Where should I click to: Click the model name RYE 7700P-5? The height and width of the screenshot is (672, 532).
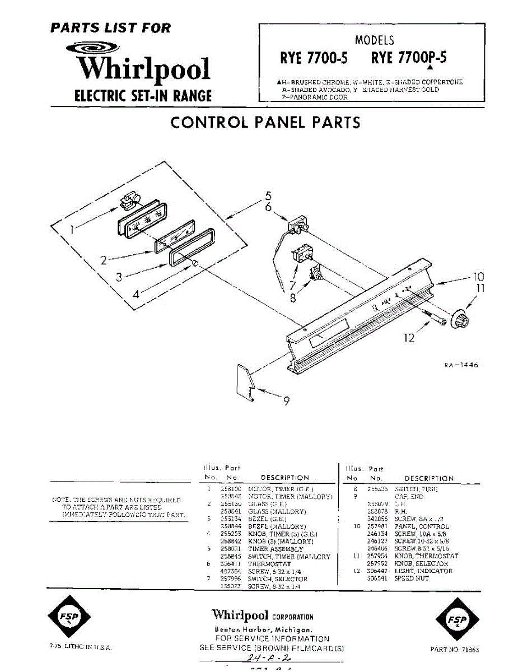click(x=409, y=58)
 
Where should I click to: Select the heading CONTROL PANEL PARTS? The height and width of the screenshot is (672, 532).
click(x=265, y=123)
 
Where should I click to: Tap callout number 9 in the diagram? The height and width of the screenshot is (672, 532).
click(x=286, y=401)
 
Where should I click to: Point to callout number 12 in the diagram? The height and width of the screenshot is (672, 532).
click(x=409, y=337)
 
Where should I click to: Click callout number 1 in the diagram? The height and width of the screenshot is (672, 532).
click(x=72, y=229)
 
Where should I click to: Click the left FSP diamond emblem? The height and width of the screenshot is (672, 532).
click(x=69, y=618)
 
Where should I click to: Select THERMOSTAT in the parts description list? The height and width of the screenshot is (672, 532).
click(x=269, y=564)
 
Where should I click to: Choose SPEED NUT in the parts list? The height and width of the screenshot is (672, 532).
click(x=412, y=578)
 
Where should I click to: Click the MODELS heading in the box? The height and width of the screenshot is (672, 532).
click(x=374, y=40)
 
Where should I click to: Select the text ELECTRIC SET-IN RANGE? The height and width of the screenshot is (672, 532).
click(x=143, y=96)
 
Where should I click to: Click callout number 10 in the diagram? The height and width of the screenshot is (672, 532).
click(x=478, y=277)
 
